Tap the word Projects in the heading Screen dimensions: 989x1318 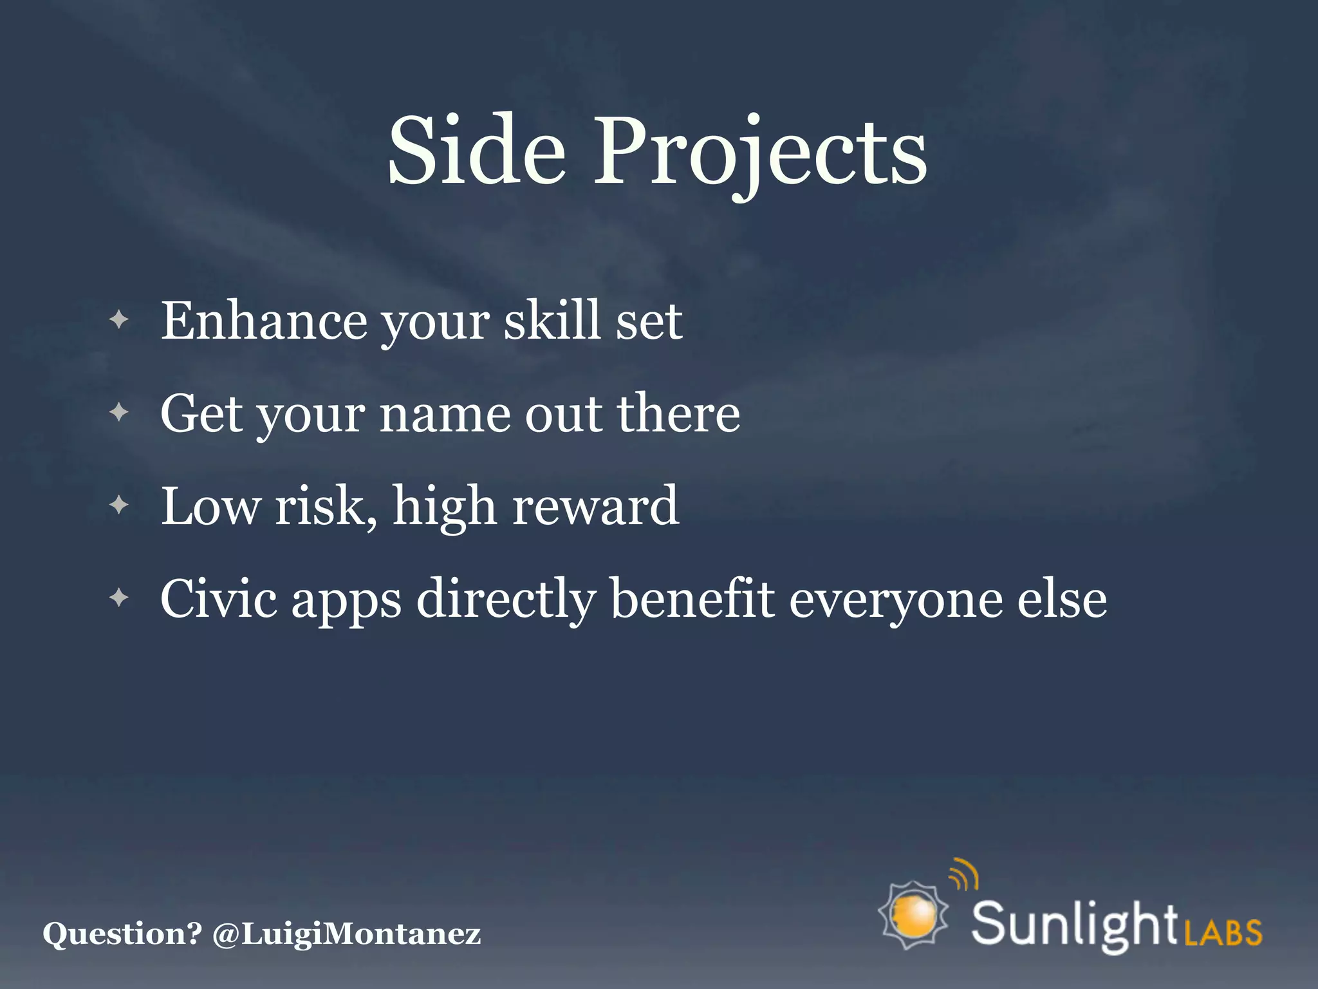tap(759, 155)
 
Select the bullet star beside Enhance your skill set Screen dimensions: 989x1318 tap(119, 319)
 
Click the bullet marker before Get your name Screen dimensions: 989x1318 tap(119, 412)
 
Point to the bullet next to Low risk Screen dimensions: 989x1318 tap(119, 505)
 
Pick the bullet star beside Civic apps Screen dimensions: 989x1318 tap(119, 598)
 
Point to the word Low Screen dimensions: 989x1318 tap(210, 506)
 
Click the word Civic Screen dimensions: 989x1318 tap(218, 599)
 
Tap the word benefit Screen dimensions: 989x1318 tap(692, 599)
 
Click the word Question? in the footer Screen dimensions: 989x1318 tap(122, 934)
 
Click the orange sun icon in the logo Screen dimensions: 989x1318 tap(914, 915)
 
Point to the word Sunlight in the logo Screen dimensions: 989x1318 tap(1073, 925)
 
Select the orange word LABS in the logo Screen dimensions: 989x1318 tap(1223, 932)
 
